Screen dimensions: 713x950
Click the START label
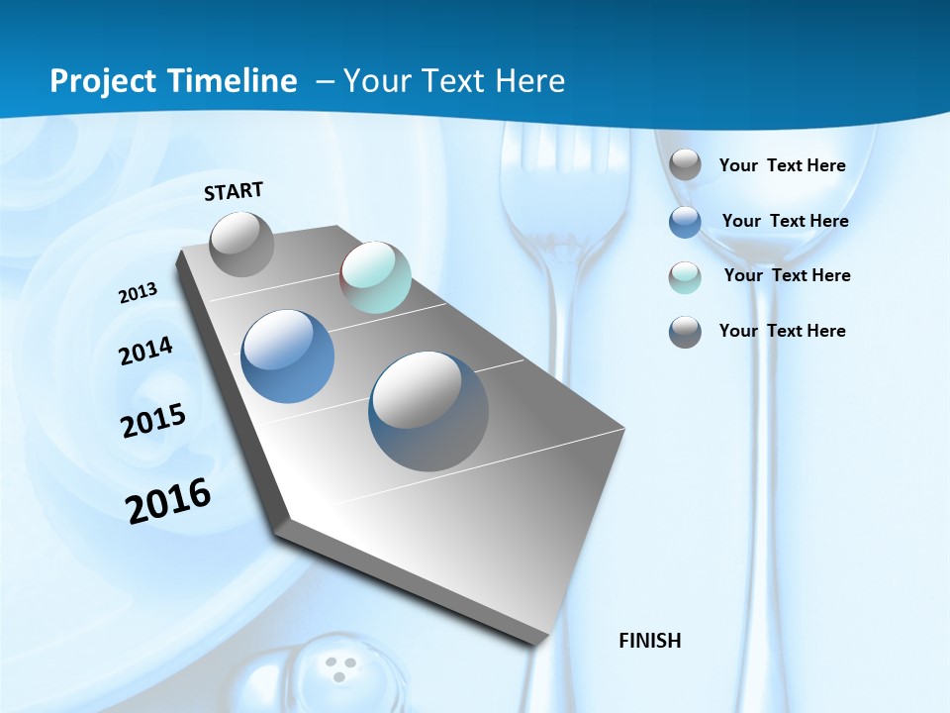[234, 191]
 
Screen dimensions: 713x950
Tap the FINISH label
[650, 641]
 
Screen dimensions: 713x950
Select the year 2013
[139, 293]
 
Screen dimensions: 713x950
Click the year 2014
[146, 351]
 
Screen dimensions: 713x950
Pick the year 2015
[153, 420]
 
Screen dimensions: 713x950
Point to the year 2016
[168, 500]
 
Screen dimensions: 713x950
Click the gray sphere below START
[241, 244]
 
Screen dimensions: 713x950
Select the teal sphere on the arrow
[375, 277]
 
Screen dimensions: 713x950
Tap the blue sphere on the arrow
[288, 356]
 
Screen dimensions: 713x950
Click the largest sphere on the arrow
[428, 410]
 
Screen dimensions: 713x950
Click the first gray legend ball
[685, 165]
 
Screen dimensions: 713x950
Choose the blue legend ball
[685, 221]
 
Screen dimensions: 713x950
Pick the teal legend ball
[685, 276]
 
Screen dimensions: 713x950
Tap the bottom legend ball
[685, 332]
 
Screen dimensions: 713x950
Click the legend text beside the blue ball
[785, 221]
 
